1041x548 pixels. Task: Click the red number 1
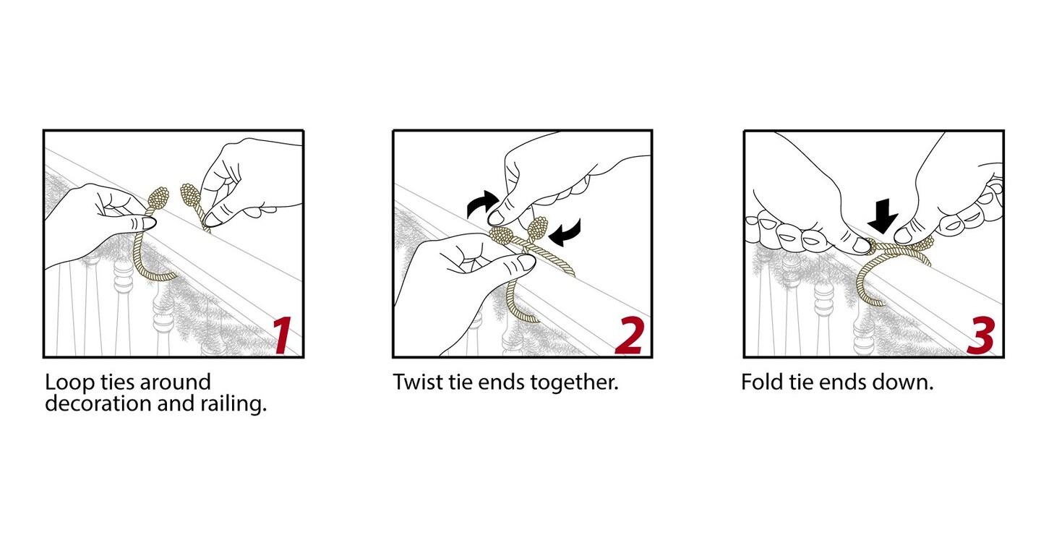[x=283, y=335]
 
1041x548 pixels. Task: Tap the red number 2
[x=630, y=335]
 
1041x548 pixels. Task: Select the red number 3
[x=981, y=335]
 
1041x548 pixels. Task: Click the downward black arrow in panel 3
[x=882, y=215]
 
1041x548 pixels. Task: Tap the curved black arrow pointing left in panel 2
[x=566, y=232]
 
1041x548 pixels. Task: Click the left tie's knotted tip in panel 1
[x=158, y=199]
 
